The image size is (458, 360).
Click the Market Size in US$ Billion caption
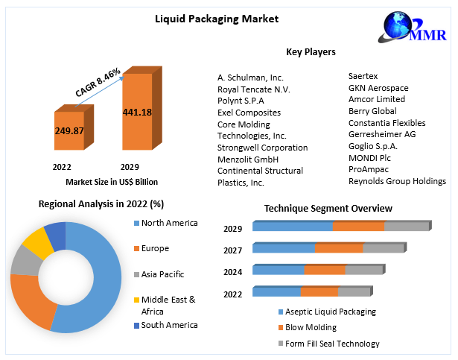112,181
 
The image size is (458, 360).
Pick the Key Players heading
311,52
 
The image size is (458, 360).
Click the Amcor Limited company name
377,99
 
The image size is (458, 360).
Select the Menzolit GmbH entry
248,159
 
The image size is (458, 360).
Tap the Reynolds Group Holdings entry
397,181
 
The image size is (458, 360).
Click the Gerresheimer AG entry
382,135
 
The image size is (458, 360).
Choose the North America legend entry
170,223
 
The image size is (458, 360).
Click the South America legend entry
170,325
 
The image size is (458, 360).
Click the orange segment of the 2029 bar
358,227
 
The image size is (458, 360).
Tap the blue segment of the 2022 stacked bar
276,291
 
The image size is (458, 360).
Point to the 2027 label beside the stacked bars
233,250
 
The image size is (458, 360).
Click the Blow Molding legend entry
311,327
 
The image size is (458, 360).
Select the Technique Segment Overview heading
328,208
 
